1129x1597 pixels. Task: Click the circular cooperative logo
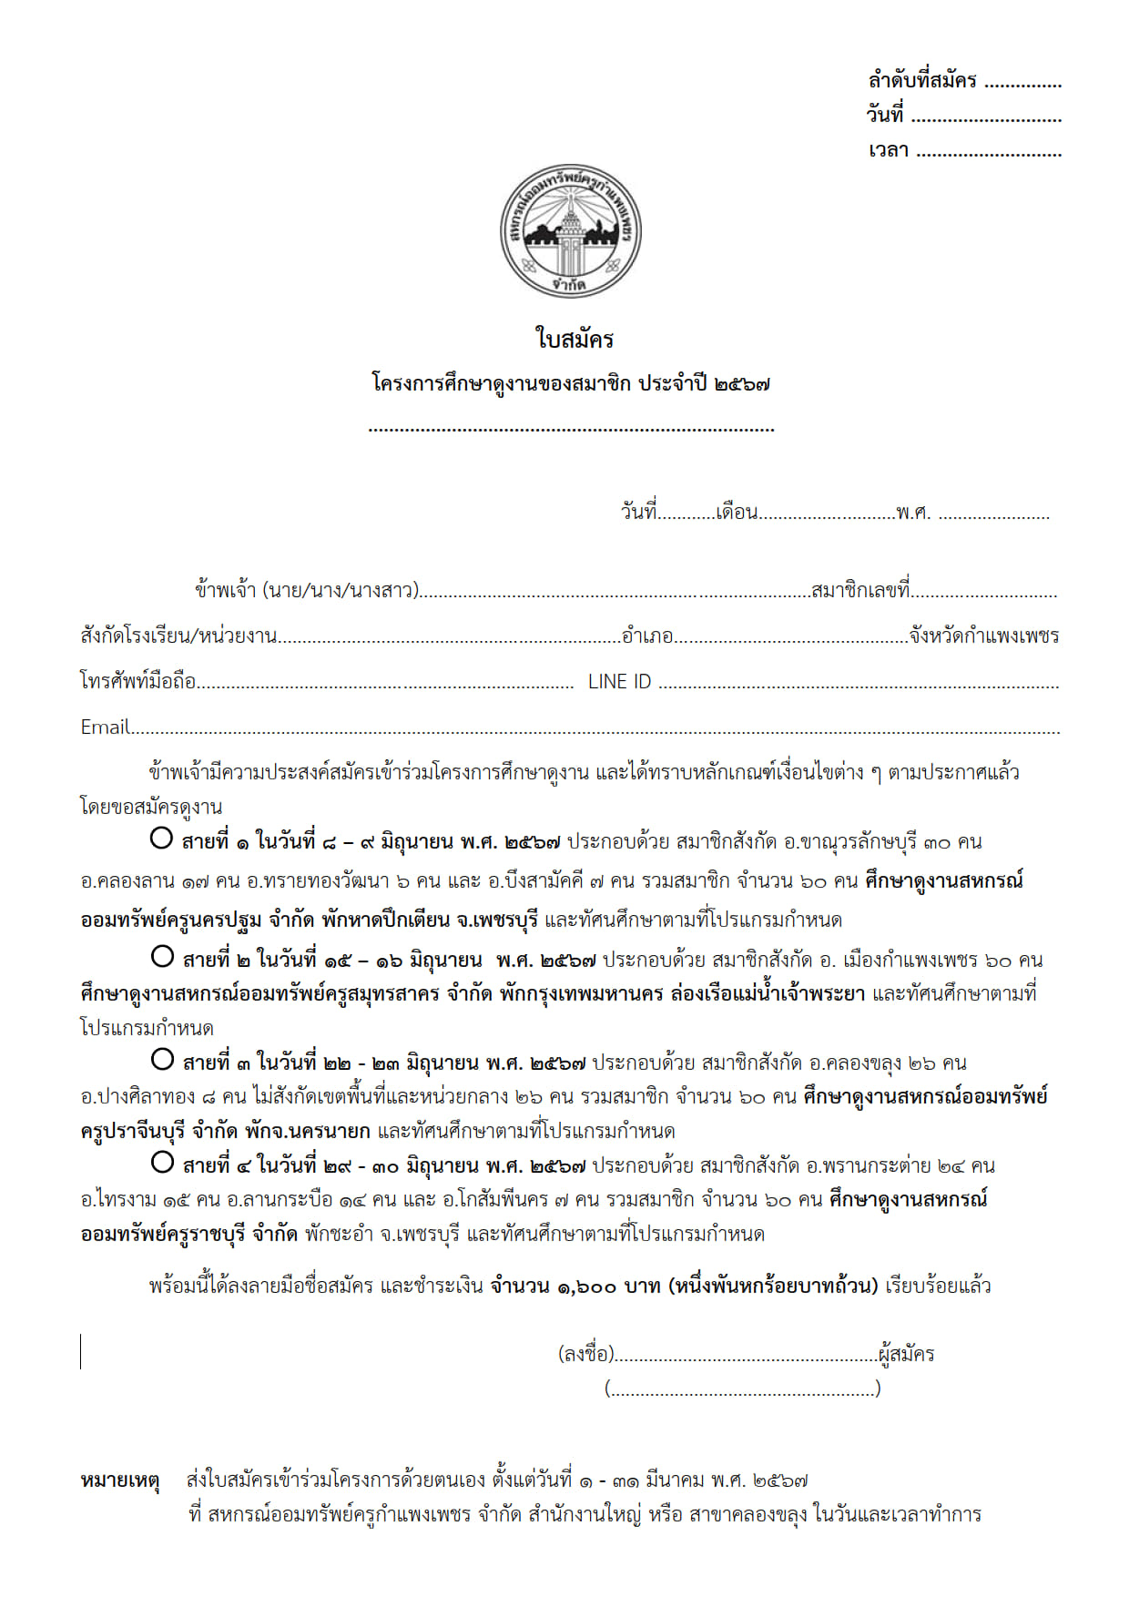tap(571, 230)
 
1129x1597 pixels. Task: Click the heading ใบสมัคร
tap(575, 340)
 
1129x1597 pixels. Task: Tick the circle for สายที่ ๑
tap(161, 838)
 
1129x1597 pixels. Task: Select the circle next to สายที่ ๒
tap(162, 956)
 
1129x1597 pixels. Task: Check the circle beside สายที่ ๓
tap(162, 1059)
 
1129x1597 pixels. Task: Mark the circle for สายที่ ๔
tap(162, 1162)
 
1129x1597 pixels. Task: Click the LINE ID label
tap(619, 682)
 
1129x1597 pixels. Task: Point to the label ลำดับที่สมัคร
tap(921, 81)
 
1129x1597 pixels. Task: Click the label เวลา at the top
tap(888, 151)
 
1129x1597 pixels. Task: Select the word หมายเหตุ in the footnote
tap(120, 1480)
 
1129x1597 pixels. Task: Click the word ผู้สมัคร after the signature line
tap(907, 1355)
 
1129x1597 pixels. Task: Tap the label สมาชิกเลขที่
tap(860, 591)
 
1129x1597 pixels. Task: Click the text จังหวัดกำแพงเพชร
tap(984, 636)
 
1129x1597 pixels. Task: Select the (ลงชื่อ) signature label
tap(585, 1355)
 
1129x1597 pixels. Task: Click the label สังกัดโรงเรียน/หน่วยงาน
tap(178, 636)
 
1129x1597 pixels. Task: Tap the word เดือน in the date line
tap(737, 513)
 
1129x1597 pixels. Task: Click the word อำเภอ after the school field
tap(647, 636)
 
